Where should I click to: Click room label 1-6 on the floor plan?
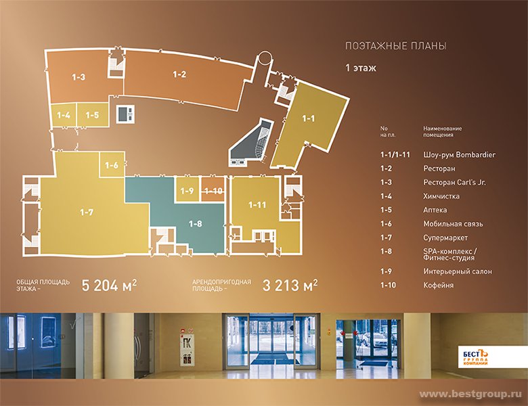[112, 165]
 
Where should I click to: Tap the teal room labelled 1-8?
[196, 223]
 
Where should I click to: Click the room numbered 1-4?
[64, 115]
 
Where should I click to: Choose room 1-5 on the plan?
[93, 115]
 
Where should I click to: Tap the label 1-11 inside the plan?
[257, 204]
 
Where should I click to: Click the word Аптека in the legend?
[435, 210]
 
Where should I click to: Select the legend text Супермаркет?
[445, 238]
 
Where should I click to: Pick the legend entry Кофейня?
[439, 285]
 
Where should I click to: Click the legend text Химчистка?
[441, 196]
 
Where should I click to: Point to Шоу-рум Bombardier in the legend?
[460, 155]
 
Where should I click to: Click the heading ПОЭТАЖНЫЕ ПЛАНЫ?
[396, 46]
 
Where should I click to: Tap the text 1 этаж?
[361, 68]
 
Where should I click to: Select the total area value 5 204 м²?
[109, 285]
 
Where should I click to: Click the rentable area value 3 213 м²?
[290, 285]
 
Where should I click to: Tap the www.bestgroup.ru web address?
[470, 394]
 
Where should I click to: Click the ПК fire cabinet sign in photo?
[186, 344]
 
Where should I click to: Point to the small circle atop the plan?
[264, 58]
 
